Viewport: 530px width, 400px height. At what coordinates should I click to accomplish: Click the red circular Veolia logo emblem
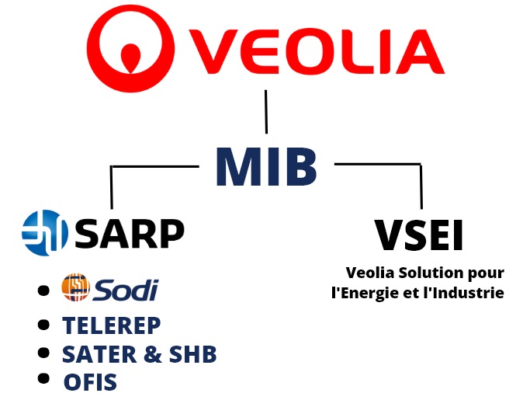[x=130, y=48]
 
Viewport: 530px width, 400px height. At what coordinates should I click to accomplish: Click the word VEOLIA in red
[x=317, y=51]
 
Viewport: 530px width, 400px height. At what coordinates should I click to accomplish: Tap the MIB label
[x=266, y=166]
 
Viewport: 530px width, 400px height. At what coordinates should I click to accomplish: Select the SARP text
[x=130, y=234]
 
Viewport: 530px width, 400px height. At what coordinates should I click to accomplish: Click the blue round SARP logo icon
[x=44, y=233]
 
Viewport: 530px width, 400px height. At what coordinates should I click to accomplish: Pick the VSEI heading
[x=419, y=235]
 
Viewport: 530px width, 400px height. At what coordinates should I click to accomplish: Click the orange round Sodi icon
[x=76, y=287]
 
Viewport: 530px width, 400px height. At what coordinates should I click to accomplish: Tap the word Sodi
[x=126, y=290]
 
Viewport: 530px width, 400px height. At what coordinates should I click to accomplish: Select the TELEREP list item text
[x=112, y=325]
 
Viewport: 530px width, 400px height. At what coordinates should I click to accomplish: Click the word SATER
[x=99, y=354]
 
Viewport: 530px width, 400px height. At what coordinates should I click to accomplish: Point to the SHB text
[x=192, y=354]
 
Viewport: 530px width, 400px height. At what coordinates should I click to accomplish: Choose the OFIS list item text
[x=90, y=382]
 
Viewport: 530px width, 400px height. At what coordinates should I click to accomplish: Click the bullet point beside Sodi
[x=43, y=290]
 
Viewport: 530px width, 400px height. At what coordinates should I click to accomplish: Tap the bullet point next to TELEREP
[x=43, y=324]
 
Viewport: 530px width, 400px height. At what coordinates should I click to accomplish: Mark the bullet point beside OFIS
[x=43, y=378]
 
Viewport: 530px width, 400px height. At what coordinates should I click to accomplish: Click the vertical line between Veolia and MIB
[x=266, y=112]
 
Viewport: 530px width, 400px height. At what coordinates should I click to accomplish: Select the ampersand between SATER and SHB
[x=152, y=354]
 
